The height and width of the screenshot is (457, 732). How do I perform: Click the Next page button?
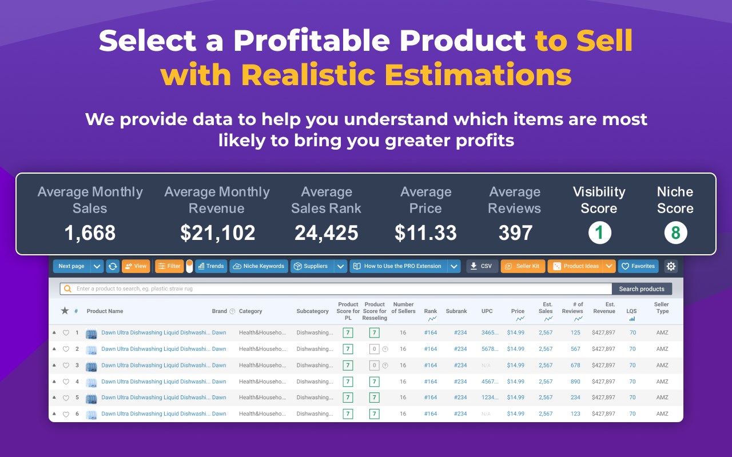pyautogui.click(x=71, y=266)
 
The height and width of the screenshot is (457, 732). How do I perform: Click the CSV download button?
pyautogui.click(x=482, y=266)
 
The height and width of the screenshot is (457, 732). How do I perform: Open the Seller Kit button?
pyautogui.click(x=523, y=266)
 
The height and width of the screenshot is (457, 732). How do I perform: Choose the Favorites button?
pyautogui.click(x=638, y=266)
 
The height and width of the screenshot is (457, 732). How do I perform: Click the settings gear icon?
pyautogui.click(x=671, y=266)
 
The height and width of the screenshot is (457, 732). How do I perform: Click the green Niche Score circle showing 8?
pyautogui.click(x=675, y=233)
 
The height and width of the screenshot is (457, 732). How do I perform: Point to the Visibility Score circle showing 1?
pyautogui.click(x=599, y=233)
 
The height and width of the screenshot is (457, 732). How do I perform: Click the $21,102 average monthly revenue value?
pyautogui.click(x=217, y=233)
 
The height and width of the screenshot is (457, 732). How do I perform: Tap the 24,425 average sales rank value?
pyautogui.click(x=326, y=233)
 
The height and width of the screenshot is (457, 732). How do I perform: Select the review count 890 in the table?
pyautogui.click(x=575, y=382)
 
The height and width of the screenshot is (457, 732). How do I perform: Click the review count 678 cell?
pyautogui.click(x=575, y=366)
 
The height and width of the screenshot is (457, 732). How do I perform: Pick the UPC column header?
pyautogui.click(x=487, y=311)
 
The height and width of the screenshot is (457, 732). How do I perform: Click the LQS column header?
pyautogui.click(x=631, y=311)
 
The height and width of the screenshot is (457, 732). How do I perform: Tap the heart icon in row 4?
pyautogui.click(x=66, y=382)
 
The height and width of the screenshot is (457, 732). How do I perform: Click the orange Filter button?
pyautogui.click(x=169, y=266)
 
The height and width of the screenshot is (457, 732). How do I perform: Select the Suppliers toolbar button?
pyautogui.click(x=312, y=266)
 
